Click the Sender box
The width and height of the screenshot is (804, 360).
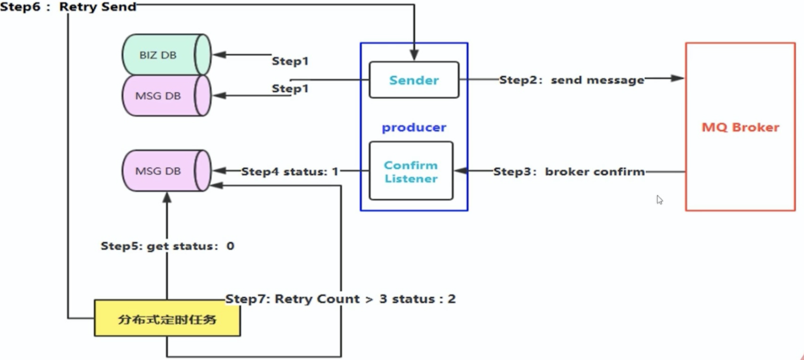pyautogui.click(x=413, y=80)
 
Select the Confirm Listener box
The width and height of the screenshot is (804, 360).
pyautogui.click(x=411, y=171)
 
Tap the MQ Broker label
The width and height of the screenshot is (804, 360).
pyautogui.click(x=740, y=127)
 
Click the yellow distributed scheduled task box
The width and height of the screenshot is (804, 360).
pyautogui.click(x=167, y=319)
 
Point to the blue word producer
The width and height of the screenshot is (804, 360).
pyautogui.click(x=414, y=128)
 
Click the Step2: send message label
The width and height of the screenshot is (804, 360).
pyautogui.click(x=571, y=80)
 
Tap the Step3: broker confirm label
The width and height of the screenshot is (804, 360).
pyautogui.click(x=569, y=171)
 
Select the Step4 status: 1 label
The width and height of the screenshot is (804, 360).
pyautogui.click(x=289, y=171)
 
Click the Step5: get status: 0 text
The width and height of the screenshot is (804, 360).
pyautogui.click(x=167, y=246)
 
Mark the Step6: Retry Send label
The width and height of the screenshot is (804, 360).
pyautogui.click(x=68, y=7)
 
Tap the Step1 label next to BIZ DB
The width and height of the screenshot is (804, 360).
pyautogui.click(x=290, y=61)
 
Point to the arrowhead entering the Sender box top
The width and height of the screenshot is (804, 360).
pyautogui.click(x=414, y=55)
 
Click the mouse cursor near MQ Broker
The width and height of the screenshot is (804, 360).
pyautogui.click(x=659, y=200)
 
